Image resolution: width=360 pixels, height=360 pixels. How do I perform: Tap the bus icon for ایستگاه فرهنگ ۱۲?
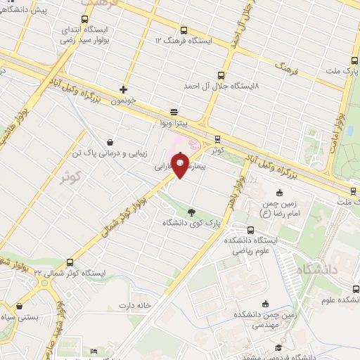(x=184, y=31)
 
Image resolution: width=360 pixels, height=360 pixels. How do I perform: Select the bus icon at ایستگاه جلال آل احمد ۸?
(x=221, y=75)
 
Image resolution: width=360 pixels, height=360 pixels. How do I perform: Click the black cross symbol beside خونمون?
(x=124, y=89)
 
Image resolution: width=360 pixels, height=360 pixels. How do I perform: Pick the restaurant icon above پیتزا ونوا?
(x=174, y=112)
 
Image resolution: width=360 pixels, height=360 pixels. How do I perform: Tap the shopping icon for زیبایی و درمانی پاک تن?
(x=109, y=142)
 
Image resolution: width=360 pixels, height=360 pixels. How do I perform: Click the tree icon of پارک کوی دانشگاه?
(x=192, y=212)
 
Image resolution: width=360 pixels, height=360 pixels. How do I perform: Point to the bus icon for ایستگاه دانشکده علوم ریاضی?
(x=251, y=230)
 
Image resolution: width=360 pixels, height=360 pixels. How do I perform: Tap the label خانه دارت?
(x=136, y=306)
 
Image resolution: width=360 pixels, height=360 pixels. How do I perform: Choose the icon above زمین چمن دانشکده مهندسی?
(x=265, y=304)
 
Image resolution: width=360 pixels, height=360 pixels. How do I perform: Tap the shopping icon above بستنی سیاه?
(x=19, y=307)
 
